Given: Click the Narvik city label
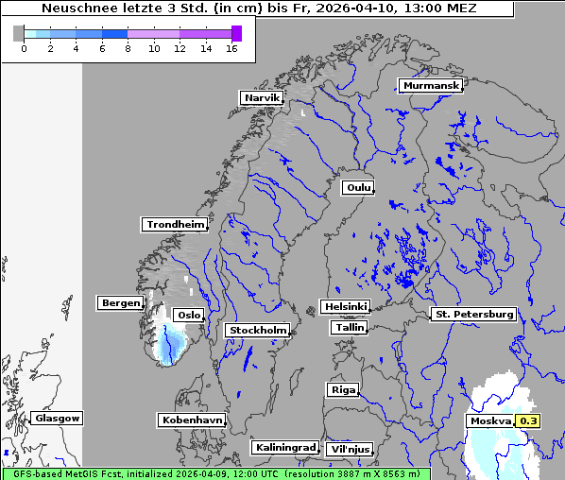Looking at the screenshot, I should [262, 97].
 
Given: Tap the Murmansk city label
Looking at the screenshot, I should [431, 86].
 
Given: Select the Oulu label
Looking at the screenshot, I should [358, 188].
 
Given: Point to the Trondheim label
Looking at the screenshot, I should [175, 225].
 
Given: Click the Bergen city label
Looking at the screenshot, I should [119, 303].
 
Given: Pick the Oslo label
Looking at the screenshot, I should [189, 316].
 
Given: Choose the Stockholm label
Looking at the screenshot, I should [257, 331].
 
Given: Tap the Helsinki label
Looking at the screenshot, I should [345, 307].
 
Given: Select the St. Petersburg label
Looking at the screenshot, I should [472, 314].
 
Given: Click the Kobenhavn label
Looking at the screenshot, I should [192, 420].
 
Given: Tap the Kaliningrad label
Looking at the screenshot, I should [284, 448].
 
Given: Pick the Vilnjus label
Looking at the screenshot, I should [349, 450].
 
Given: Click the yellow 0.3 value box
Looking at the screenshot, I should [529, 421].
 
